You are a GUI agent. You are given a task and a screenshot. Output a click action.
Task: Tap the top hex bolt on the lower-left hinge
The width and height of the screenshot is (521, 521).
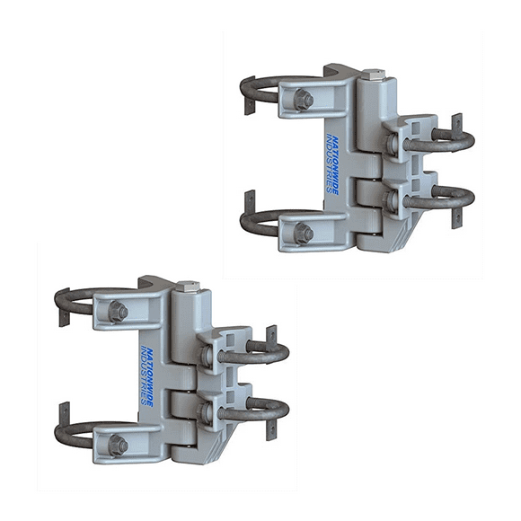188,286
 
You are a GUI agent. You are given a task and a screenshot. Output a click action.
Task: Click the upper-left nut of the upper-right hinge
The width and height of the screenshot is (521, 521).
304,100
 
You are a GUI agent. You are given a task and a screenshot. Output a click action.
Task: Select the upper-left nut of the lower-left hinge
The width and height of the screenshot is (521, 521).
117,312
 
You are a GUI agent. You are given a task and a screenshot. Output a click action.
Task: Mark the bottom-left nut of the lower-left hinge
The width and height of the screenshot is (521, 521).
117,444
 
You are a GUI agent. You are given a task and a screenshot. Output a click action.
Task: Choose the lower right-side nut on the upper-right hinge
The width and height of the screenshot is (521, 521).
393,200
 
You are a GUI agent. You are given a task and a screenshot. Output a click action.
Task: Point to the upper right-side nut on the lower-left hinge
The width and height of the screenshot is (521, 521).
208,357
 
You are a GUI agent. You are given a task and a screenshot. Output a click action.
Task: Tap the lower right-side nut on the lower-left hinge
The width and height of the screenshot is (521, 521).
208,412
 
